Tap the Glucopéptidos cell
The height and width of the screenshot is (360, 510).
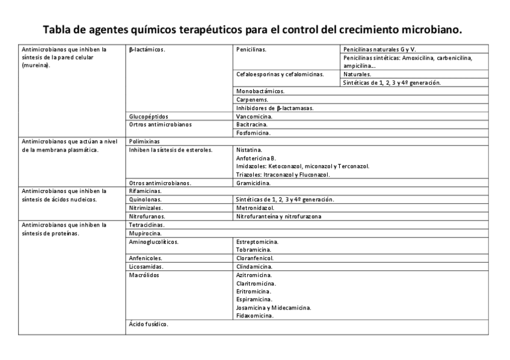(x=149, y=116)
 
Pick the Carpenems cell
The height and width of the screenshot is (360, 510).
(x=253, y=99)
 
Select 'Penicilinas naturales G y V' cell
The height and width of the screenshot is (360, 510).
(x=379, y=49)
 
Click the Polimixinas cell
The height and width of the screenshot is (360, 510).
(x=144, y=141)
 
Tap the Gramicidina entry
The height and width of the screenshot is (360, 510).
(x=253, y=183)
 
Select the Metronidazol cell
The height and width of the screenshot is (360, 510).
(x=256, y=207)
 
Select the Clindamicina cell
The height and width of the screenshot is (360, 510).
(x=254, y=266)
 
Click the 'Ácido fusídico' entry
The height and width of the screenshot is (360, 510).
(x=149, y=324)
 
